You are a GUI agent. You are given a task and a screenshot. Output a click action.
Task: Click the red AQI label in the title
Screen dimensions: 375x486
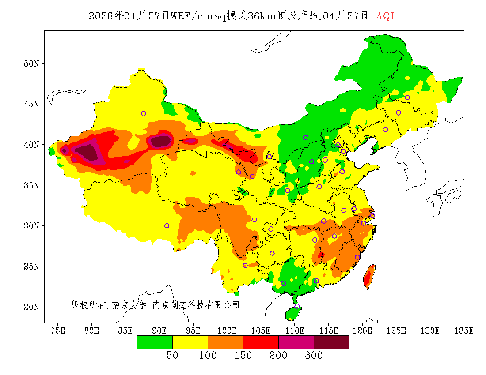[385, 16]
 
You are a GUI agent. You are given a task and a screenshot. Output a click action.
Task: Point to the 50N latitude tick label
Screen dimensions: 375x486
[31, 64]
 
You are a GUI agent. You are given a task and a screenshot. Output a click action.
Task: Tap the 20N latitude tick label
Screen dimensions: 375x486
[31, 307]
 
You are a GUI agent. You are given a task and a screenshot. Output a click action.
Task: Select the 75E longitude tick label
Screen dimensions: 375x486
[58, 331]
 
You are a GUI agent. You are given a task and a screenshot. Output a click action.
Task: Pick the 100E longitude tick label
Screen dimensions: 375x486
[227, 331]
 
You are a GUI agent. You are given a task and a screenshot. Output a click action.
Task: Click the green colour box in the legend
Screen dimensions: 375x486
[155, 342]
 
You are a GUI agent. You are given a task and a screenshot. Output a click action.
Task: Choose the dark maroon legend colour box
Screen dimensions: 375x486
[331, 342]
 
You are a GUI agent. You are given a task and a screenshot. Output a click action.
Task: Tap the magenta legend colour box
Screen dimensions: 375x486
[296, 342]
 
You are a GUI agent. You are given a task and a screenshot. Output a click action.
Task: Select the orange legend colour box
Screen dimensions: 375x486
[225, 342]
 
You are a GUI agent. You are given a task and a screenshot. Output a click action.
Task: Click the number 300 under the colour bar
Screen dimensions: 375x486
[314, 356]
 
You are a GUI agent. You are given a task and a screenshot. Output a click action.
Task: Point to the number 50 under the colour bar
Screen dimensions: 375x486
[172, 356]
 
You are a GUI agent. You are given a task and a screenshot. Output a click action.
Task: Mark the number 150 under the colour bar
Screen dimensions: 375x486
[243, 356]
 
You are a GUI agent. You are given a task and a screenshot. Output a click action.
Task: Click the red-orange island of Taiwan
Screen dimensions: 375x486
[368, 277]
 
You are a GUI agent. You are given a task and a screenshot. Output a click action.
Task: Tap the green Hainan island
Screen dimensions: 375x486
[293, 313]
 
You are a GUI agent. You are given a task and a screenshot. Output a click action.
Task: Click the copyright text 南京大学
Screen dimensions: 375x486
[129, 305]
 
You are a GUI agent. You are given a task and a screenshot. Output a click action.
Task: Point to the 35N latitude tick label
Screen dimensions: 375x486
[31, 185]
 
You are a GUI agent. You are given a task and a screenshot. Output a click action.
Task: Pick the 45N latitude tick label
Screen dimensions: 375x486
[31, 104]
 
